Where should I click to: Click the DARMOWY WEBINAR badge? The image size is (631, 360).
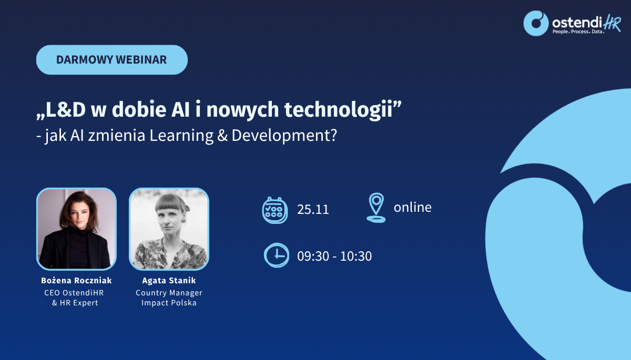click(112, 60)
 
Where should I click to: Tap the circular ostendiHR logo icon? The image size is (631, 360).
click(536, 23)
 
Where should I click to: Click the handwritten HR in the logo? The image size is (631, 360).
click(612, 23)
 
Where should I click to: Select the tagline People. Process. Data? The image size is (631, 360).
click(578, 32)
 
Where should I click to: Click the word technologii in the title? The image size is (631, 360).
click(339, 109)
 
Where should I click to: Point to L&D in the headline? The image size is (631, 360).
click(65, 109)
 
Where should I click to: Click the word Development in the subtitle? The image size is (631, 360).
click(284, 136)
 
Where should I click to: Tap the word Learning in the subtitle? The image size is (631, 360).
click(181, 136)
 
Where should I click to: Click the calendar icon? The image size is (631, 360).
click(274, 210)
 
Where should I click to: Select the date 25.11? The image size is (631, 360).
click(313, 209)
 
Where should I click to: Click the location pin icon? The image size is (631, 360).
click(376, 208)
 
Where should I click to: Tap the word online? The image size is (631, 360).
click(412, 207)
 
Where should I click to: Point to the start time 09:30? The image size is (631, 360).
click(313, 256)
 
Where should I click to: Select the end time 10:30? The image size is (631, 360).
click(356, 256)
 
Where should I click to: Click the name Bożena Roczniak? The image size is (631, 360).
click(76, 280)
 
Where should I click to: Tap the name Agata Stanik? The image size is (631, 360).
click(169, 280)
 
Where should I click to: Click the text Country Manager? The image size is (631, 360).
click(169, 293)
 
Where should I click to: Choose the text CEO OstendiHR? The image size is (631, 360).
click(74, 293)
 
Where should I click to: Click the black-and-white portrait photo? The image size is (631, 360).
click(169, 229)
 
